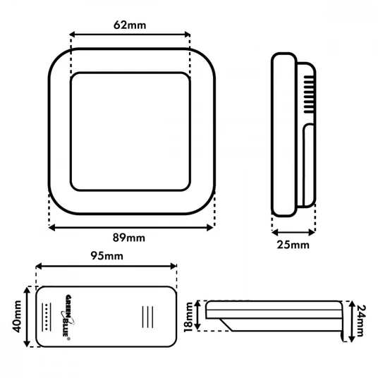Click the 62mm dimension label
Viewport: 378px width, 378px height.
pos(130,25)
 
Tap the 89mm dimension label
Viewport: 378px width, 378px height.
pos(129,238)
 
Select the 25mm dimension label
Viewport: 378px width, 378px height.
pos(293,245)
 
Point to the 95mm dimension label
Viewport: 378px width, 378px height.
pos(106,256)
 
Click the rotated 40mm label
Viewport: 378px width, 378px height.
pos(17,316)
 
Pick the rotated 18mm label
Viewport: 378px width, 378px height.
pos(188,317)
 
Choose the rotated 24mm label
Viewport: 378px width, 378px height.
pos(362,321)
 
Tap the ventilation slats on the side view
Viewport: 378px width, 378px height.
pos(309,94)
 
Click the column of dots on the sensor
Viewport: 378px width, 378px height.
pos(47,317)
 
